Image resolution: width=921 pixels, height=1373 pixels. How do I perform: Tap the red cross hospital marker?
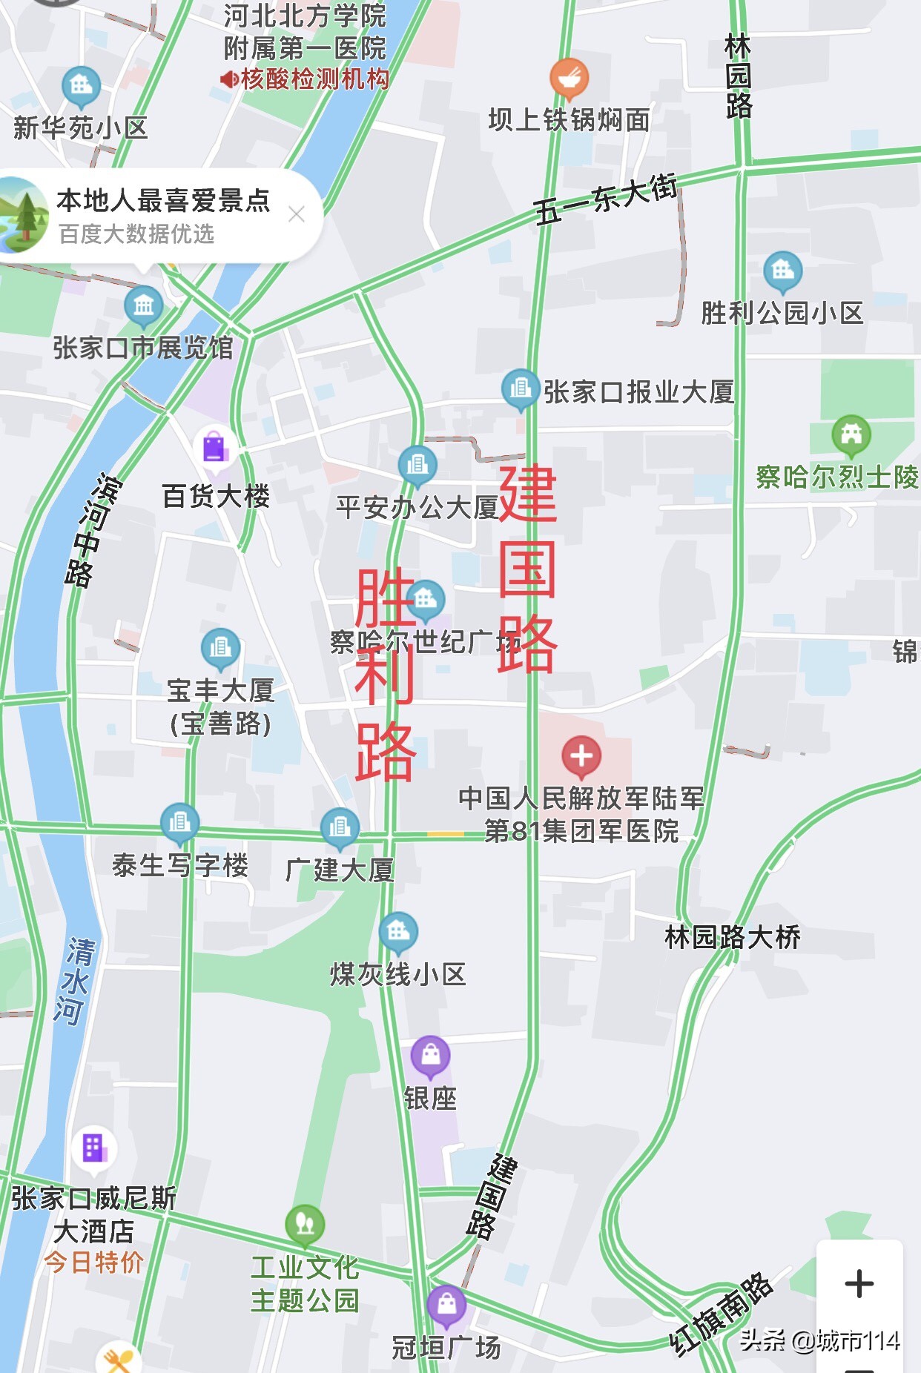pos(581,755)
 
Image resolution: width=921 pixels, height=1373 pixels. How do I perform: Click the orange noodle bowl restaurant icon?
pos(569,77)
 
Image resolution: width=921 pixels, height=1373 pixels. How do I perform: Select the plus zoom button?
pos(859,1283)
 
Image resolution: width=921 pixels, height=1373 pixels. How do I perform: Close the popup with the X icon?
pos(297,214)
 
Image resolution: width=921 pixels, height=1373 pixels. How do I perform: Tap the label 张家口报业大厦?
pos(638,392)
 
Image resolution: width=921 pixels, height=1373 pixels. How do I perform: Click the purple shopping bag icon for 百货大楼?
pos(214,448)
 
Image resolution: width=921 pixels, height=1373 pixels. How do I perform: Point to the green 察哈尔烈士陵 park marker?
pos(851,434)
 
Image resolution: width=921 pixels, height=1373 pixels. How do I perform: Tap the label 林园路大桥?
pos(733,937)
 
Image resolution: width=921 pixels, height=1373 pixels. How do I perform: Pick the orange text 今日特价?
pos(93,1262)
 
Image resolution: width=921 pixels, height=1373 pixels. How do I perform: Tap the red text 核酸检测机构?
pos(314,79)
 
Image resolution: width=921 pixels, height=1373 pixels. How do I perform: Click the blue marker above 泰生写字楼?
pos(179,822)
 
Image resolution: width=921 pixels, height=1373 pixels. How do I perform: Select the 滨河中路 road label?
pos(91,531)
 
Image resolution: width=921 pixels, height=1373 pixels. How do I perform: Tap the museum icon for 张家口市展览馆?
pos(143,305)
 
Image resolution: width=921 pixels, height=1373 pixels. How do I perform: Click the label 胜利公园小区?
pos(782,313)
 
